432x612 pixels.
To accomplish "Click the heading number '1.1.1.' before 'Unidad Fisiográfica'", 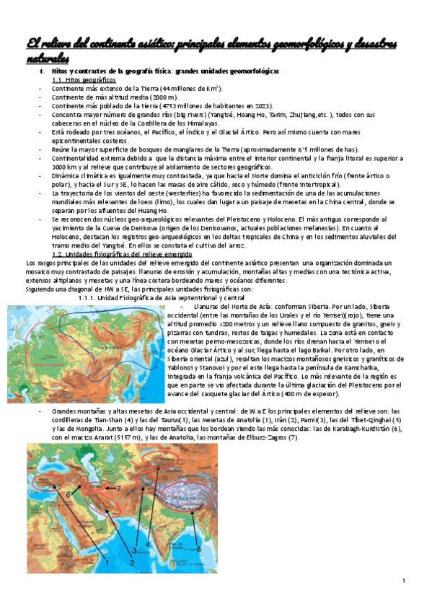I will pos(92,279).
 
